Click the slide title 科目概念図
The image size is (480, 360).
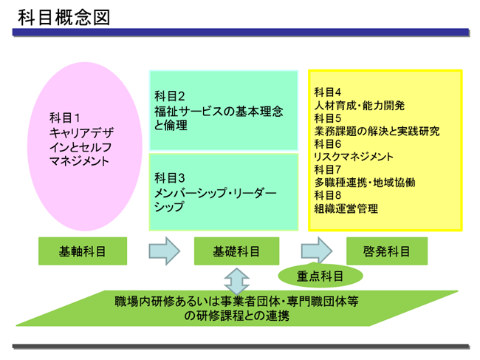pos(64,17)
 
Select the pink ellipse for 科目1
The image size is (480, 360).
pos(85,146)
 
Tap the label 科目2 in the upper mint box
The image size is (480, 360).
pos(170,96)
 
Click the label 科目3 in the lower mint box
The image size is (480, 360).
pos(170,178)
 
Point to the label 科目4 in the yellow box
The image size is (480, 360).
pos(328,92)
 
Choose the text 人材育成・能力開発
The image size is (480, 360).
pos(360,106)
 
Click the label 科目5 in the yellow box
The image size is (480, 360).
pos(328,118)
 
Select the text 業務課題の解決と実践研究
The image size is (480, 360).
pos(377,131)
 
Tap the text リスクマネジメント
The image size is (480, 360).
pos(354,157)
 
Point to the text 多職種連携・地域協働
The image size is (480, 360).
pos(365,183)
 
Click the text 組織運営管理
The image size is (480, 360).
pos(346,208)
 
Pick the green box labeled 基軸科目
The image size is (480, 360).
pos(83,251)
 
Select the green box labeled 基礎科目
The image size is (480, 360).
pos(236,251)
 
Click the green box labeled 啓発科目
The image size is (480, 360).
pos(387,251)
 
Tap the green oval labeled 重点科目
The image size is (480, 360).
pos(320,276)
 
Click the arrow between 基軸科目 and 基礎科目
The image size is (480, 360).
pos(165,251)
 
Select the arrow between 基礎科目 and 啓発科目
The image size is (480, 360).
pos(317,251)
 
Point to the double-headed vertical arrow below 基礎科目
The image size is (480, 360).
pos(236,281)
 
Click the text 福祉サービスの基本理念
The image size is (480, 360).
pos(219,111)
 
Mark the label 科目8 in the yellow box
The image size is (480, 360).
pos(328,195)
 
